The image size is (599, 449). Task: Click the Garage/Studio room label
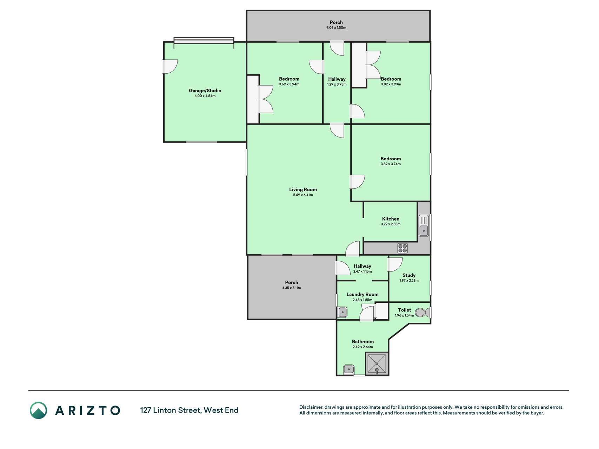click(x=205, y=91)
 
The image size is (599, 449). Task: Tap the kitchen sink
click(x=424, y=226)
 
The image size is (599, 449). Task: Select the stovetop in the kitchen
click(x=402, y=248)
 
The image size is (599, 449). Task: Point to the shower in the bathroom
click(x=377, y=363)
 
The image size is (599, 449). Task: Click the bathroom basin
click(x=349, y=369)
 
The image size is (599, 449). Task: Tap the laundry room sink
click(x=342, y=312)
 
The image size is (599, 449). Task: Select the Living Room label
click(x=303, y=189)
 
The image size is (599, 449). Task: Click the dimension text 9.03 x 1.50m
click(x=336, y=28)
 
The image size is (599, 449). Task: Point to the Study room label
click(x=409, y=275)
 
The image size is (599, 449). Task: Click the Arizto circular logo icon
click(x=38, y=410)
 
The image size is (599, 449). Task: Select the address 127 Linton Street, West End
click(x=189, y=410)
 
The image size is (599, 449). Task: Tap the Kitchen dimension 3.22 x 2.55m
click(x=391, y=224)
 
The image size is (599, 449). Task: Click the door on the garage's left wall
click(x=170, y=66)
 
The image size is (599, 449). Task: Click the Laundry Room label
click(x=362, y=295)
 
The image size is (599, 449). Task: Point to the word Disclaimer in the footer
click(x=311, y=407)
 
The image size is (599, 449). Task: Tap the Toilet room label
click(x=404, y=310)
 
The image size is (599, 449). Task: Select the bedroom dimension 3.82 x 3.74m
click(x=391, y=164)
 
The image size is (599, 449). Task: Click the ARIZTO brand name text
click(x=87, y=410)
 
